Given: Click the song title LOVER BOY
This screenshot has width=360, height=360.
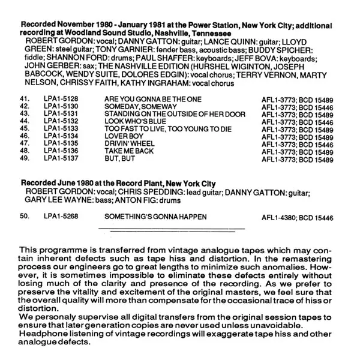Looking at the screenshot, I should point(122,137).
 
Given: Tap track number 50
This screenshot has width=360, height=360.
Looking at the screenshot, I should point(25,216).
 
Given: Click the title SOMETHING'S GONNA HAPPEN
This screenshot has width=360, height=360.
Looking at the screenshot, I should point(155,216).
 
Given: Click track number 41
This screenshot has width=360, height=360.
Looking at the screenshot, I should point(25,98).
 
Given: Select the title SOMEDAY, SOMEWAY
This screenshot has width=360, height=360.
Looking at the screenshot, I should point(134,106).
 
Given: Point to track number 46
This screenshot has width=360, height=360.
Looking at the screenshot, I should point(25,137).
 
